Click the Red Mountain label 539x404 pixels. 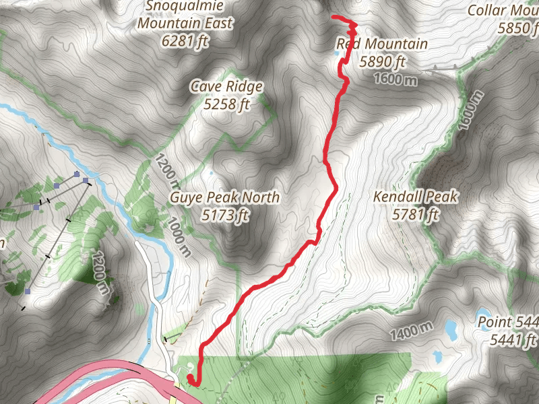pyautogui.click(x=382, y=44)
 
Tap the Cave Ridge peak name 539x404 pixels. pyautogui.click(x=226, y=87)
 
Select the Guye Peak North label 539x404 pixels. pyautogui.click(x=224, y=198)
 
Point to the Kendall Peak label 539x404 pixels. pyautogui.click(x=416, y=197)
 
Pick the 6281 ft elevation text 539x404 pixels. pyautogui.click(x=185, y=40)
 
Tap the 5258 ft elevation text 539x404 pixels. pyautogui.click(x=226, y=104)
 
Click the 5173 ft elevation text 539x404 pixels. pyautogui.click(x=224, y=215)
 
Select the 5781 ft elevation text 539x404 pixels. pyautogui.click(x=416, y=215)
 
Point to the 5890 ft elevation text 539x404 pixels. pyautogui.click(x=382, y=62)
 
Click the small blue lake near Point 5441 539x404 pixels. pyautogui.click(x=449, y=328)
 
